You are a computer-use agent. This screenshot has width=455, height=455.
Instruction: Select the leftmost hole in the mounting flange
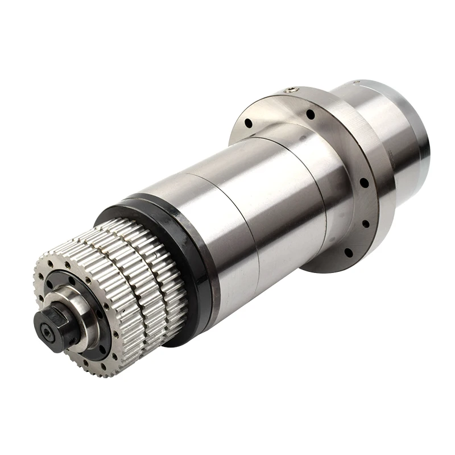(249, 123)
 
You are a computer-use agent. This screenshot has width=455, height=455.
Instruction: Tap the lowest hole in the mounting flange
(348, 251)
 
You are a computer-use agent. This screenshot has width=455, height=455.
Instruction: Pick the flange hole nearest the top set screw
(311, 114)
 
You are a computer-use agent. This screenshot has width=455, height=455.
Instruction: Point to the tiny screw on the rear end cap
(355, 83)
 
